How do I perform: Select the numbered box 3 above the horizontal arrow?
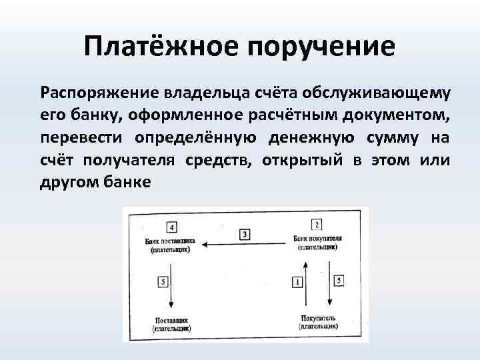tap(245, 234)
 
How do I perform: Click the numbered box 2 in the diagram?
tap(317, 225)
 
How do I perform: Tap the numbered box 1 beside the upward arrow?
tap(296, 282)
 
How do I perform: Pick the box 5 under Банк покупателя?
tap(339, 281)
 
